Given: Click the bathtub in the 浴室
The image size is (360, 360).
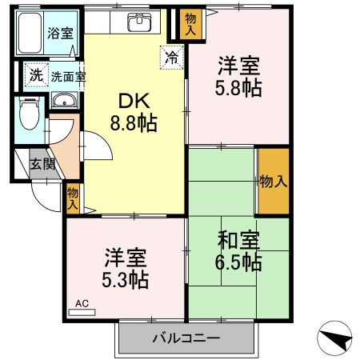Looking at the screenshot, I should [x=31, y=33].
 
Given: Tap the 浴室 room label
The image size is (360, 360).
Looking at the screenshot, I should [x=58, y=33].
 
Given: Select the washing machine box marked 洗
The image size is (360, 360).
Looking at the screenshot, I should [x=35, y=75].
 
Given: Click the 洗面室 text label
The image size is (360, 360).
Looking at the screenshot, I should [x=69, y=78].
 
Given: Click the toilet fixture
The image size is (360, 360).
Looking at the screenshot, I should [x=29, y=113].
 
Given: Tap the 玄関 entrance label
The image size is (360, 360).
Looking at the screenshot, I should [x=43, y=164].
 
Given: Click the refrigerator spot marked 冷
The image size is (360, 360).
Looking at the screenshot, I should [x=172, y=56].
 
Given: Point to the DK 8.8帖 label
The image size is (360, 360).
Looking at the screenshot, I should [x=137, y=112].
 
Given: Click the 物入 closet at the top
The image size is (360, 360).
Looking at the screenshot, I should [x=190, y=23].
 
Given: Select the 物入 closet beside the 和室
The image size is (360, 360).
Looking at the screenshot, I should [x=274, y=181].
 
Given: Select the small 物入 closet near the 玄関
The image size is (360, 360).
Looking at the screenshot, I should [x=73, y=198].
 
